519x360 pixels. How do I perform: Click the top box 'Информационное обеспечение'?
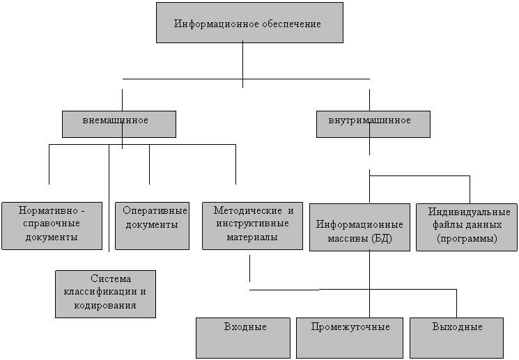[249, 23]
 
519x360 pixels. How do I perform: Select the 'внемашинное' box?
[119, 124]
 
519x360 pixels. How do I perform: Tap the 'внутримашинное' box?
[373, 124]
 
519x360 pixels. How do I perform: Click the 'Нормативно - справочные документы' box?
[52, 226]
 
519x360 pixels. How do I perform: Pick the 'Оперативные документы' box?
[153, 226]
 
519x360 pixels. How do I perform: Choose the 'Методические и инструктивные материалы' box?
[253, 226]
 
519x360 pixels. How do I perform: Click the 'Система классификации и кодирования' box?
[106, 294]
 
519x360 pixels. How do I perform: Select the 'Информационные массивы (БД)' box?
[359, 227]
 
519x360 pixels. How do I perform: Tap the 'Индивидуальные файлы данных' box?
[467, 227]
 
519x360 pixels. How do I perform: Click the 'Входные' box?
[243, 338]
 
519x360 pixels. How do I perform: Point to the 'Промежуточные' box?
[350, 338]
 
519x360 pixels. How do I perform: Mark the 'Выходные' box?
[457, 338]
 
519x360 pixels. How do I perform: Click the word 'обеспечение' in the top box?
[292, 24]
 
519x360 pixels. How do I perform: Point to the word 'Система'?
[111, 279]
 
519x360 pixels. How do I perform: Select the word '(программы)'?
[467, 239]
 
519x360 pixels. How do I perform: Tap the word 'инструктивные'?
[253, 224]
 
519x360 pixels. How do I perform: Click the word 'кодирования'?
[105, 305]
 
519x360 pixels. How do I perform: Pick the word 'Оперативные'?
[155, 210]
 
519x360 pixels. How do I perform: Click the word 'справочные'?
[52, 224]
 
